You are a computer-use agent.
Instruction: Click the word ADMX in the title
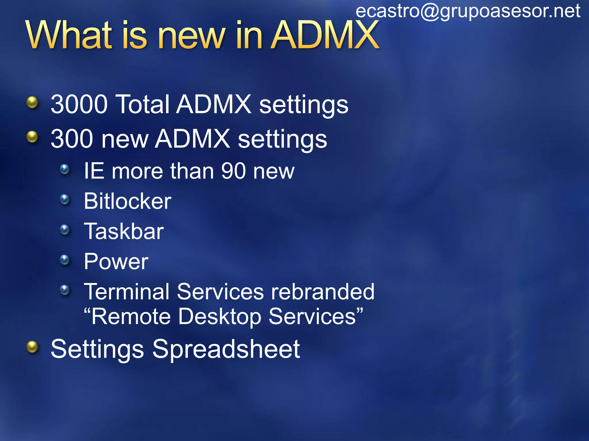click(325, 35)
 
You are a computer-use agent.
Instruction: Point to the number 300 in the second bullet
click(72, 139)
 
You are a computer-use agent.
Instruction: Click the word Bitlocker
click(127, 201)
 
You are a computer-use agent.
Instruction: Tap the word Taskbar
click(124, 231)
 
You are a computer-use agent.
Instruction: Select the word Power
click(116, 262)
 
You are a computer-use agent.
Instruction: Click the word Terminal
click(127, 292)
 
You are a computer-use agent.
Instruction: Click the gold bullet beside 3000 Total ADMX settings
click(32, 102)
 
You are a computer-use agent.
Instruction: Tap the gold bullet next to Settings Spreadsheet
click(32, 347)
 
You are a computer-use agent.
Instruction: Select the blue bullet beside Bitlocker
click(65, 199)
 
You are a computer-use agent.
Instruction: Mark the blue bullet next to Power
click(65, 260)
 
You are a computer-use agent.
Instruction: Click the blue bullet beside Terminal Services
click(65, 290)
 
